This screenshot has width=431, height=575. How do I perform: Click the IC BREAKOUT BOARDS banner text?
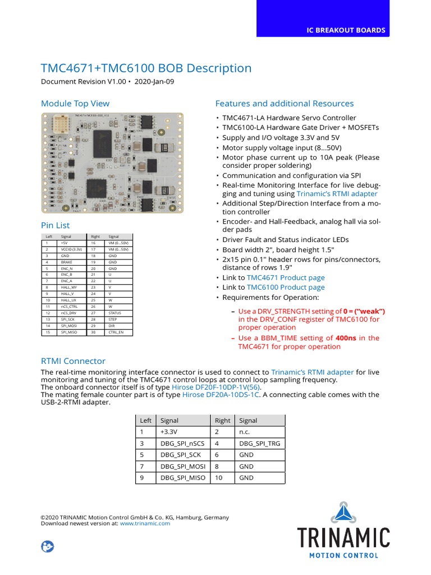pos(346,30)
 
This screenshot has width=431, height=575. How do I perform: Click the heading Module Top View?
pos(75,103)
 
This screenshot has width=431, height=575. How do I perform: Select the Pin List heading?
pos(56,225)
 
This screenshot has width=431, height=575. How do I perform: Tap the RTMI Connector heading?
pos(73,361)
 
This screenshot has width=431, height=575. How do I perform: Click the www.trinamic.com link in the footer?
pos(145,523)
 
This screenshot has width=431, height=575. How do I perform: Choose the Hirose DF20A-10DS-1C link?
pos(221,395)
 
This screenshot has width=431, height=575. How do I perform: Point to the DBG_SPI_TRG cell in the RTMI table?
pos(259,444)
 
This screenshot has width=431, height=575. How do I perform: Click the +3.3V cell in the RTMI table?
pos(168,432)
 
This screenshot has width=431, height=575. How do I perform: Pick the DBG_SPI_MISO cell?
pos(183,478)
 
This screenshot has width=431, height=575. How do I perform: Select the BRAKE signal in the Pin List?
pos(67,262)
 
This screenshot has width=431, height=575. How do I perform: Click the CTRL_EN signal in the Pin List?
pos(116,332)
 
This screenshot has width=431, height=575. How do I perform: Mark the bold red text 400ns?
pos(346,338)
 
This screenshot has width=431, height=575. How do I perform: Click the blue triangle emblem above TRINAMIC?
pos(343,513)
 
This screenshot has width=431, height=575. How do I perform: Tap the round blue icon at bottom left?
pos(48,546)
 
